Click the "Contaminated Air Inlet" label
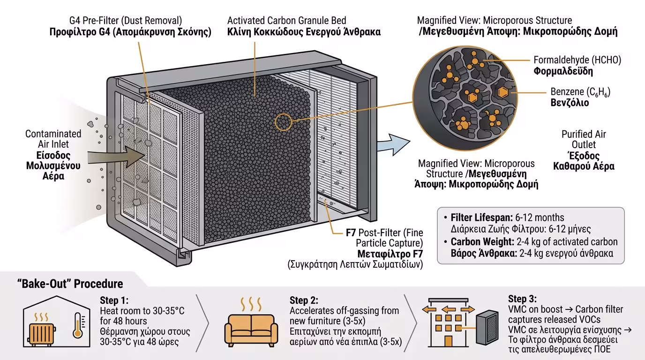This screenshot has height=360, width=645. pos(53,139)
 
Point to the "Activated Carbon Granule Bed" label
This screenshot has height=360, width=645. pos(286,21)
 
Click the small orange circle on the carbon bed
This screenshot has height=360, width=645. pos(283,123)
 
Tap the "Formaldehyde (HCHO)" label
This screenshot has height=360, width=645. pos(577,60)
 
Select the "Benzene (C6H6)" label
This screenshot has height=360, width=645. pos(580,91)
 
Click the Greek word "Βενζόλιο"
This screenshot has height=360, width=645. pos(570,102)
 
